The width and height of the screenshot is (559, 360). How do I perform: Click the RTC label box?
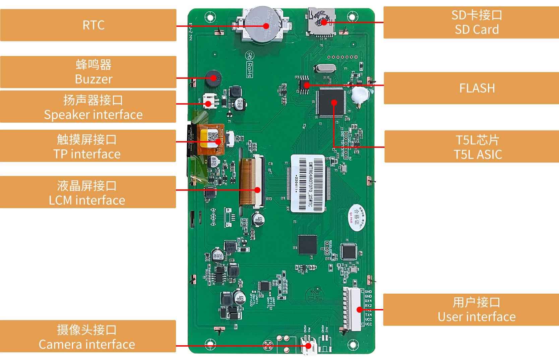[x=88, y=25]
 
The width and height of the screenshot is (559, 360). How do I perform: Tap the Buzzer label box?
[x=88, y=72]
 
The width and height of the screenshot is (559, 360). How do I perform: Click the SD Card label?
[x=471, y=22]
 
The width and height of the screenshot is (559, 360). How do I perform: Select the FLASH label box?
[x=471, y=88]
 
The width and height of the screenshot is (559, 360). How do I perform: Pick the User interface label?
[x=471, y=310]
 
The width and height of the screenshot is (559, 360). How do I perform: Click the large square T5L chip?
[x=331, y=102]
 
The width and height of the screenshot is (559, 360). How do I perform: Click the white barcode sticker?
[x=308, y=183]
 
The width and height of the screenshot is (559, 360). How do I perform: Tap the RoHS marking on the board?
[x=250, y=70]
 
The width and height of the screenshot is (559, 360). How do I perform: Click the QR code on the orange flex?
[x=212, y=137]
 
